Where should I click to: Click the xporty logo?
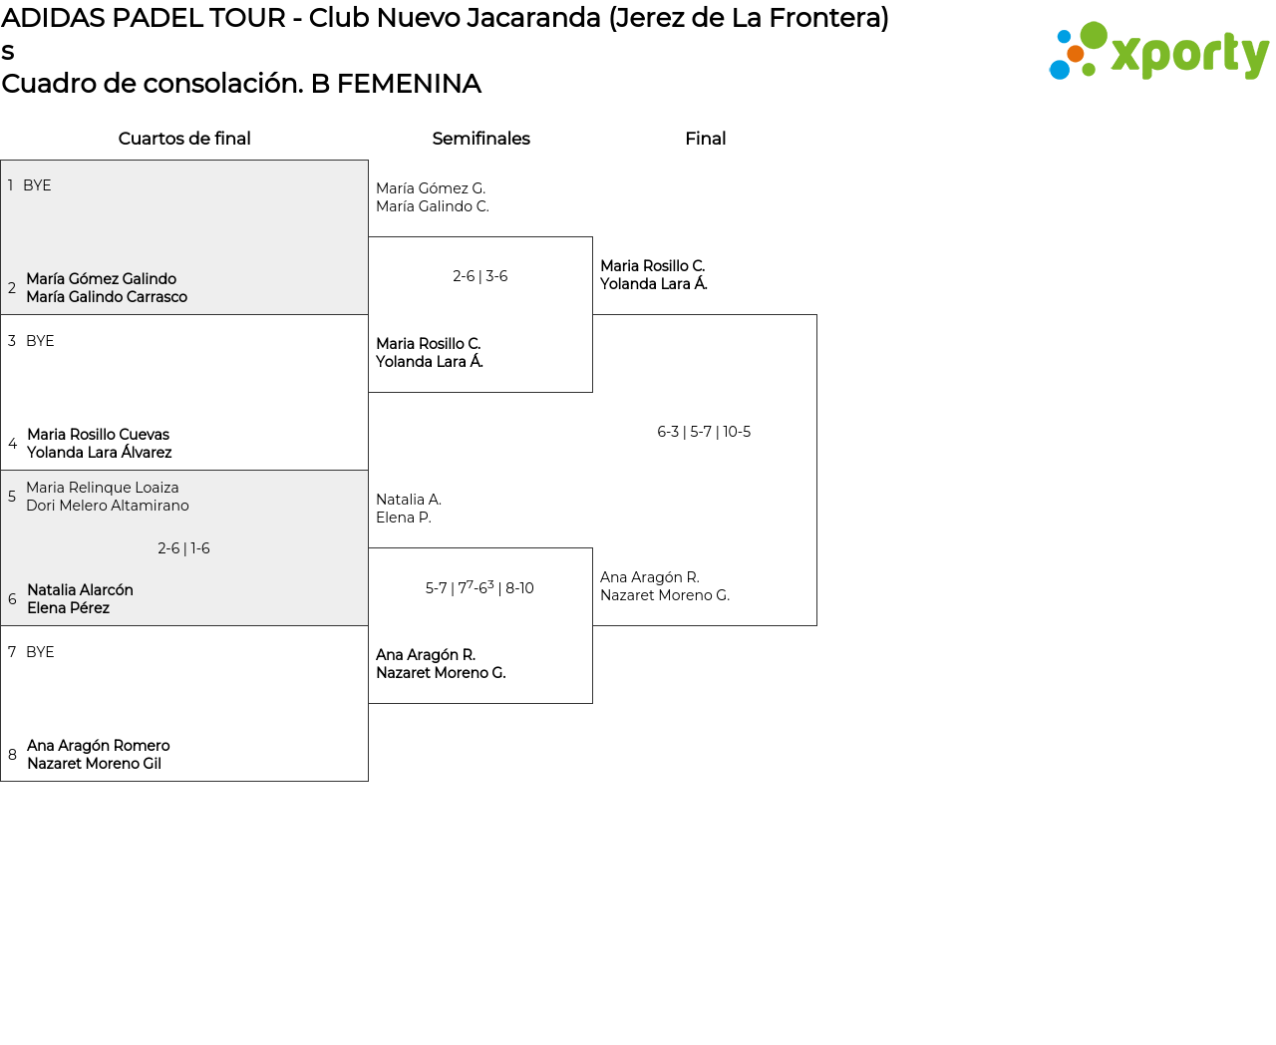(x=1159, y=52)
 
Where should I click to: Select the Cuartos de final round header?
(x=184, y=139)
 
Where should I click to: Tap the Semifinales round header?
(x=480, y=139)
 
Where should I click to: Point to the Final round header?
(x=705, y=139)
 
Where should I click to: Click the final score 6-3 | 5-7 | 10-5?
(x=704, y=432)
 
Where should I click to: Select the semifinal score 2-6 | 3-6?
(x=480, y=276)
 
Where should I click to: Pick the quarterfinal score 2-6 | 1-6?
(x=183, y=548)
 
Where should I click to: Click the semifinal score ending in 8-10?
(x=479, y=588)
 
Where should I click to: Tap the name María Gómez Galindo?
(x=102, y=279)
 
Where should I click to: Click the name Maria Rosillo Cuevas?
(x=99, y=435)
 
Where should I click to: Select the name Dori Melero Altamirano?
(x=108, y=506)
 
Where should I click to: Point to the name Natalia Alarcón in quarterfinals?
(x=81, y=590)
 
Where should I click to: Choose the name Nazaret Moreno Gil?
(x=95, y=764)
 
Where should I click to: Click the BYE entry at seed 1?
(x=37, y=185)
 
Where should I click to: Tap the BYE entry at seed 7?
(x=40, y=652)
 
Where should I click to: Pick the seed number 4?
(x=12, y=444)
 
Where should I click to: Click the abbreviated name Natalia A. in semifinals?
(x=409, y=500)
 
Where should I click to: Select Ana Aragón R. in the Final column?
(x=650, y=577)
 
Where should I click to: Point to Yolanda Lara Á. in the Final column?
(x=654, y=284)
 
